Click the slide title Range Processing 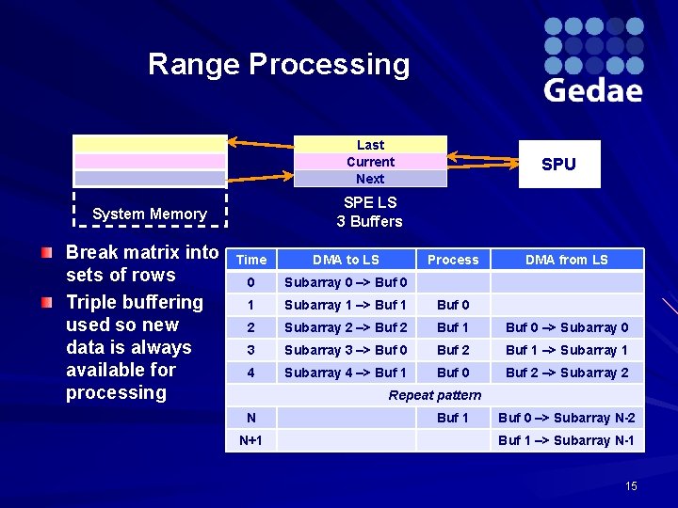pos(279,65)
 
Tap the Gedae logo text pos(592,90)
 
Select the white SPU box pos(558,164)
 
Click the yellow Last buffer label pos(370,145)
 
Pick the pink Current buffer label pos(370,162)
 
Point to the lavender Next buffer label pos(370,179)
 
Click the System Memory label pos(150,214)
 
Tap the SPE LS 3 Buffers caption pos(370,212)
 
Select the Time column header pos(251,260)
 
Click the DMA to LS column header pos(346,260)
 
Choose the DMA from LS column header pos(567,260)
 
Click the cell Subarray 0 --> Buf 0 pos(346,282)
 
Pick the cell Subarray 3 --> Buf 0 pos(346,350)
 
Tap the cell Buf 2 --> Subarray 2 pos(567,373)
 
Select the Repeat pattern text pos(434,395)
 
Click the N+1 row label pos(251,440)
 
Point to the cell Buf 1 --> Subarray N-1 pos(567,440)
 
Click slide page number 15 pos(631,485)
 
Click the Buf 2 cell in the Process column pos(453,350)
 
